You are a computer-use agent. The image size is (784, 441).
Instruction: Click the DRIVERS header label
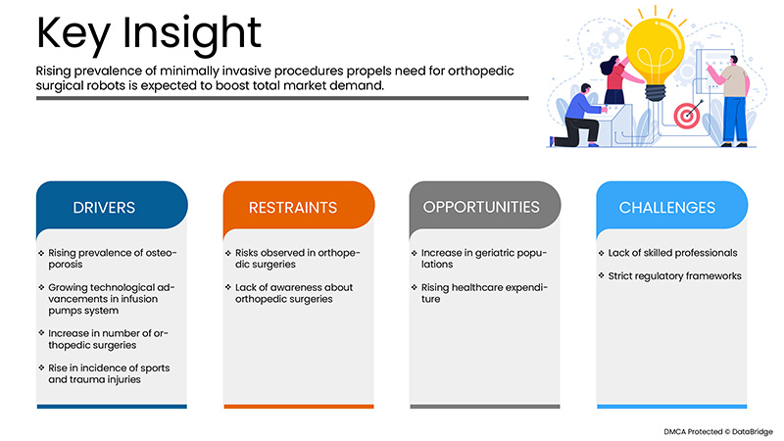pos(104,208)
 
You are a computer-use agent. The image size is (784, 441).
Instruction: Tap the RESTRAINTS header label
pos(293,208)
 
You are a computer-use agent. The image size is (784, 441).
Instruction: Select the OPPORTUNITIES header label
pos(481,207)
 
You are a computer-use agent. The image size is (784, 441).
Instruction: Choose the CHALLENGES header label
pos(667,208)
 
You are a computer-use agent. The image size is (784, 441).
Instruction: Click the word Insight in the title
pos(191,34)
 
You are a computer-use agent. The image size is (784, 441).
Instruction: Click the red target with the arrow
pos(688,115)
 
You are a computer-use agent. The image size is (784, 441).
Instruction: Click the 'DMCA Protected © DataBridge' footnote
pos(718,431)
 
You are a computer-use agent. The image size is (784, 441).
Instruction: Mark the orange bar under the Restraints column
pos(299,407)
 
